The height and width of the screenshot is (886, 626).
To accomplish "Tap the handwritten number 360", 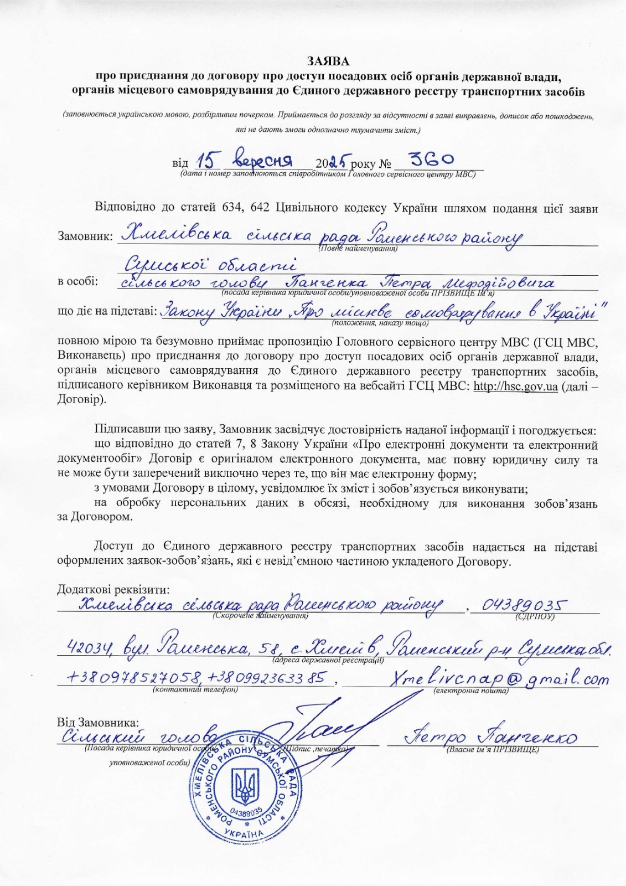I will click(x=427, y=159).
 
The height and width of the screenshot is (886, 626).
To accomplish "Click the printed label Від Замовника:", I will click(x=99, y=723).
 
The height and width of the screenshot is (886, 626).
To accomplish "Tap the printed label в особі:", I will click(x=78, y=281).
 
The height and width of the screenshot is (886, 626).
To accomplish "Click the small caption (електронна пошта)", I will click(x=470, y=691).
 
